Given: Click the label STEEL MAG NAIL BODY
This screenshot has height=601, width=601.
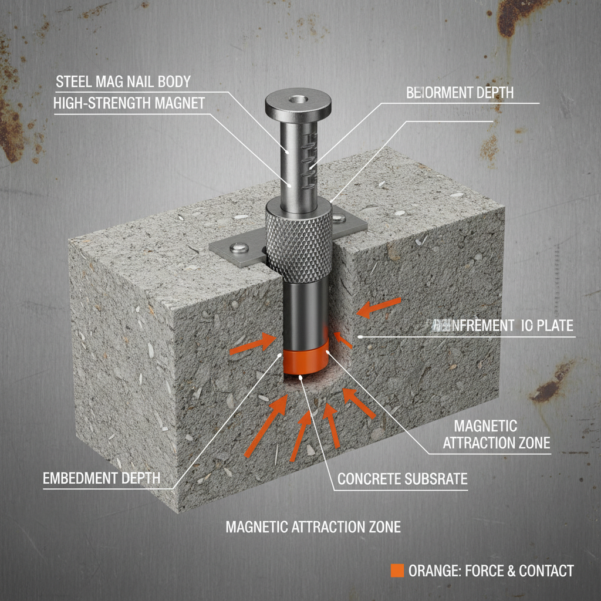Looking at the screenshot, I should coord(122,81).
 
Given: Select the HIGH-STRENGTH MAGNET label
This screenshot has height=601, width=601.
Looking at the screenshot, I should coord(129,103).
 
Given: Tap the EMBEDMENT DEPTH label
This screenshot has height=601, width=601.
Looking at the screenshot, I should coord(102,478).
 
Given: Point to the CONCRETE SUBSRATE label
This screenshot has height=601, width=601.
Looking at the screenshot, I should coord(402,479).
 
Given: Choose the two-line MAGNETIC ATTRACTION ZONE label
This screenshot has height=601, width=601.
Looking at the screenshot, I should coord(496,434).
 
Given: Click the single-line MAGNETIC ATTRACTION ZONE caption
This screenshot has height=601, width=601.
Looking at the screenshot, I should coord(313,526).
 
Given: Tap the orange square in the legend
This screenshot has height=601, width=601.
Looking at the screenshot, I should coord(397,570).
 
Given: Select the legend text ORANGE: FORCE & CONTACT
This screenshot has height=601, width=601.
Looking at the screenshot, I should coord(491,570).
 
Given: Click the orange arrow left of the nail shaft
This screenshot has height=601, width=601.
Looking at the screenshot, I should coord(251,345).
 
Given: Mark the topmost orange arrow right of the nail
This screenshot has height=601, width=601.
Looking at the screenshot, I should coord(380,309).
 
